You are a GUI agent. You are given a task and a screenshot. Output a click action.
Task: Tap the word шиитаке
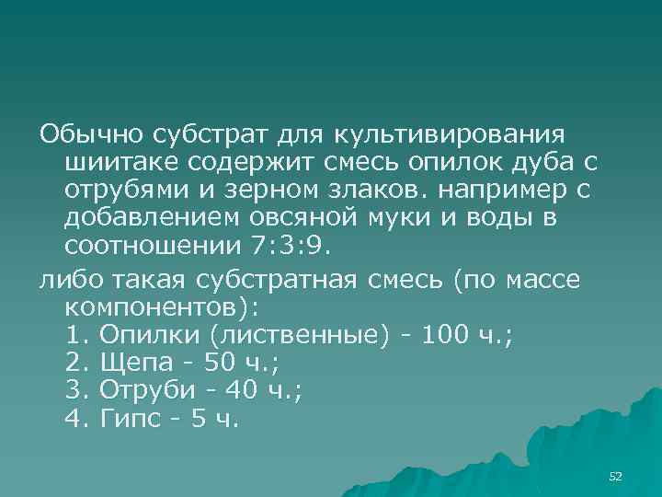pyautogui.click(x=118, y=163)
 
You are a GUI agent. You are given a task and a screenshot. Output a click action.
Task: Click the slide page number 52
pyautogui.click(x=616, y=476)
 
